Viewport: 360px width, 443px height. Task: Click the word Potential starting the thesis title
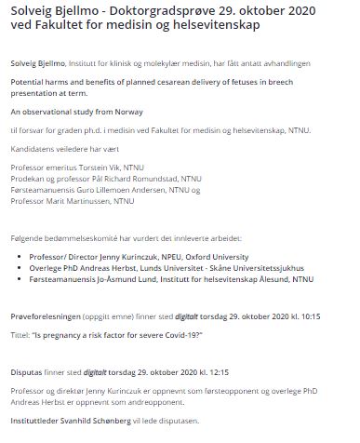pyautogui.click(x=29, y=83)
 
